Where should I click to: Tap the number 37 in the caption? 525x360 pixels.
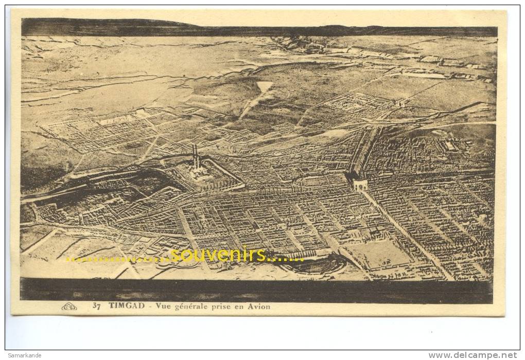(x=96, y=307)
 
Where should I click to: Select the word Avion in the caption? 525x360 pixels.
(x=259, y=307)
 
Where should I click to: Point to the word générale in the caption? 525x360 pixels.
(x=189, y=307)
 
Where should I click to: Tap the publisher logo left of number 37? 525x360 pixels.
(x=69, y=307)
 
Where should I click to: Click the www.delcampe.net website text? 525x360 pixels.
(x=472, y=355)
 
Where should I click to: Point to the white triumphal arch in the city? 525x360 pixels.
(x=359, y=184)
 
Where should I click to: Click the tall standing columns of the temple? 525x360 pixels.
(x=195, y=157)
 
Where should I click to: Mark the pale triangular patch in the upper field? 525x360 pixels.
(x=264, y=86)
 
